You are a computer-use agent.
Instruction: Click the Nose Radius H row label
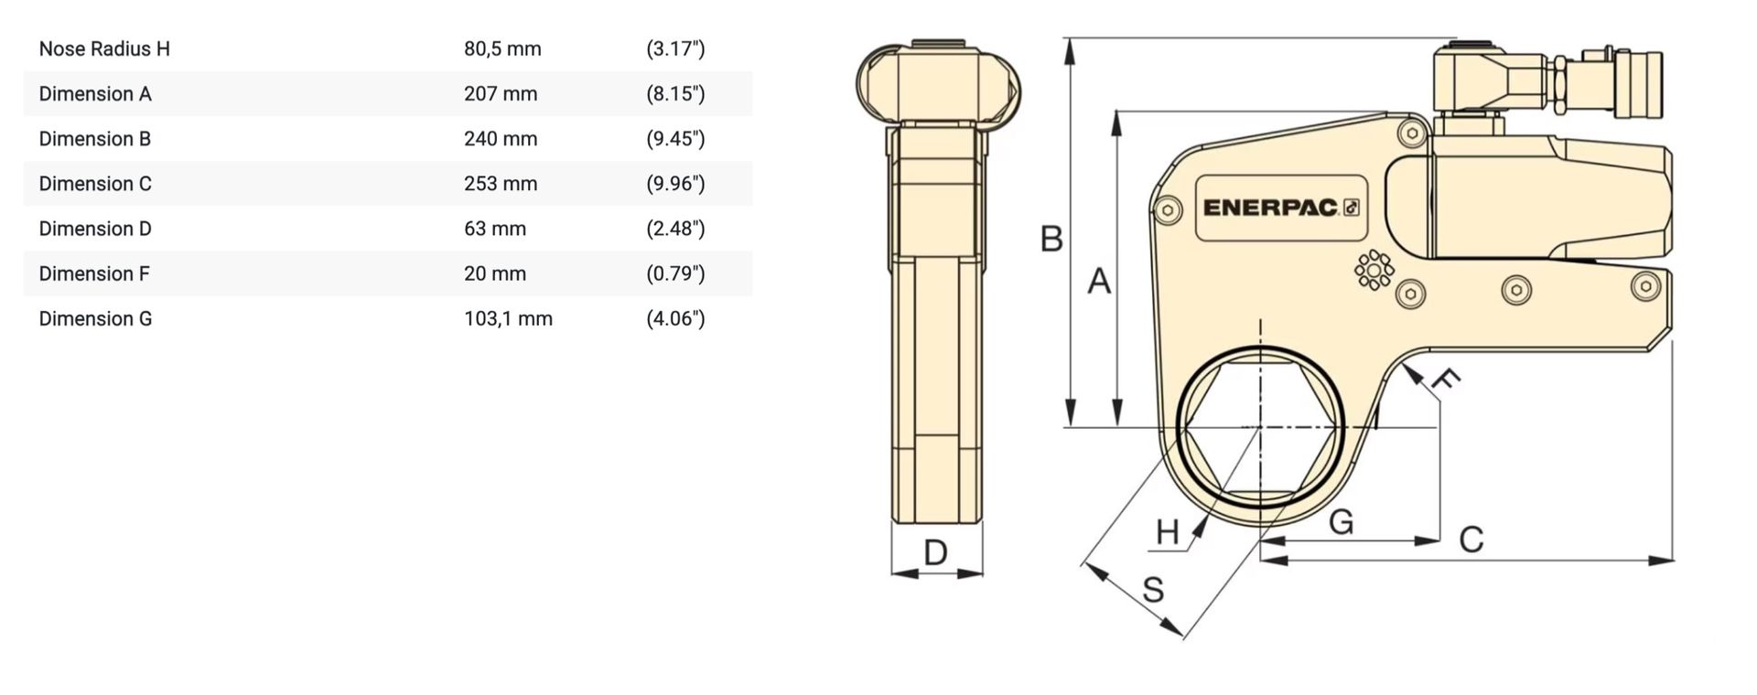point(104,48)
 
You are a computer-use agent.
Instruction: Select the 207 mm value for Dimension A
point(501,93)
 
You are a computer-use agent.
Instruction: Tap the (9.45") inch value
point(675,138)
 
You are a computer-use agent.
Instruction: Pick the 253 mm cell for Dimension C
point(501,183)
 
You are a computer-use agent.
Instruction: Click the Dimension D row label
point(95,229)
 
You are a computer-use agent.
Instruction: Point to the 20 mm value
point(495,273)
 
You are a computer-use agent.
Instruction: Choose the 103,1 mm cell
point(508,318)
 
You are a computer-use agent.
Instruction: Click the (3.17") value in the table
point(675,48)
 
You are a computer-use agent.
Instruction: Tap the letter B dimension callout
point(1051,240)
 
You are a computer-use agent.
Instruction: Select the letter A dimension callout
point(1099,282)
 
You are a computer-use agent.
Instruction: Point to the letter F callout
point(1445,380)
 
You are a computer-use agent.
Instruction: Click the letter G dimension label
point(1341,522)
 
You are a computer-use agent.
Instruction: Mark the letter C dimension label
point(1471,540)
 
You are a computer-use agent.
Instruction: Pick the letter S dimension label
point(1153,590)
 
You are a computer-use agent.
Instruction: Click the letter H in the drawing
point(1168,531)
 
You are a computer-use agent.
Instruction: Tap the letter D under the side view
point(935,552)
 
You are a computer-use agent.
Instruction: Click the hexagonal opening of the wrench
point(1260,427)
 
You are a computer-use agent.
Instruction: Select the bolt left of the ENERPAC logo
point(1167,210)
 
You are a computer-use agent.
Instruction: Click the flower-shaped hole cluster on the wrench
point(1374,270)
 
